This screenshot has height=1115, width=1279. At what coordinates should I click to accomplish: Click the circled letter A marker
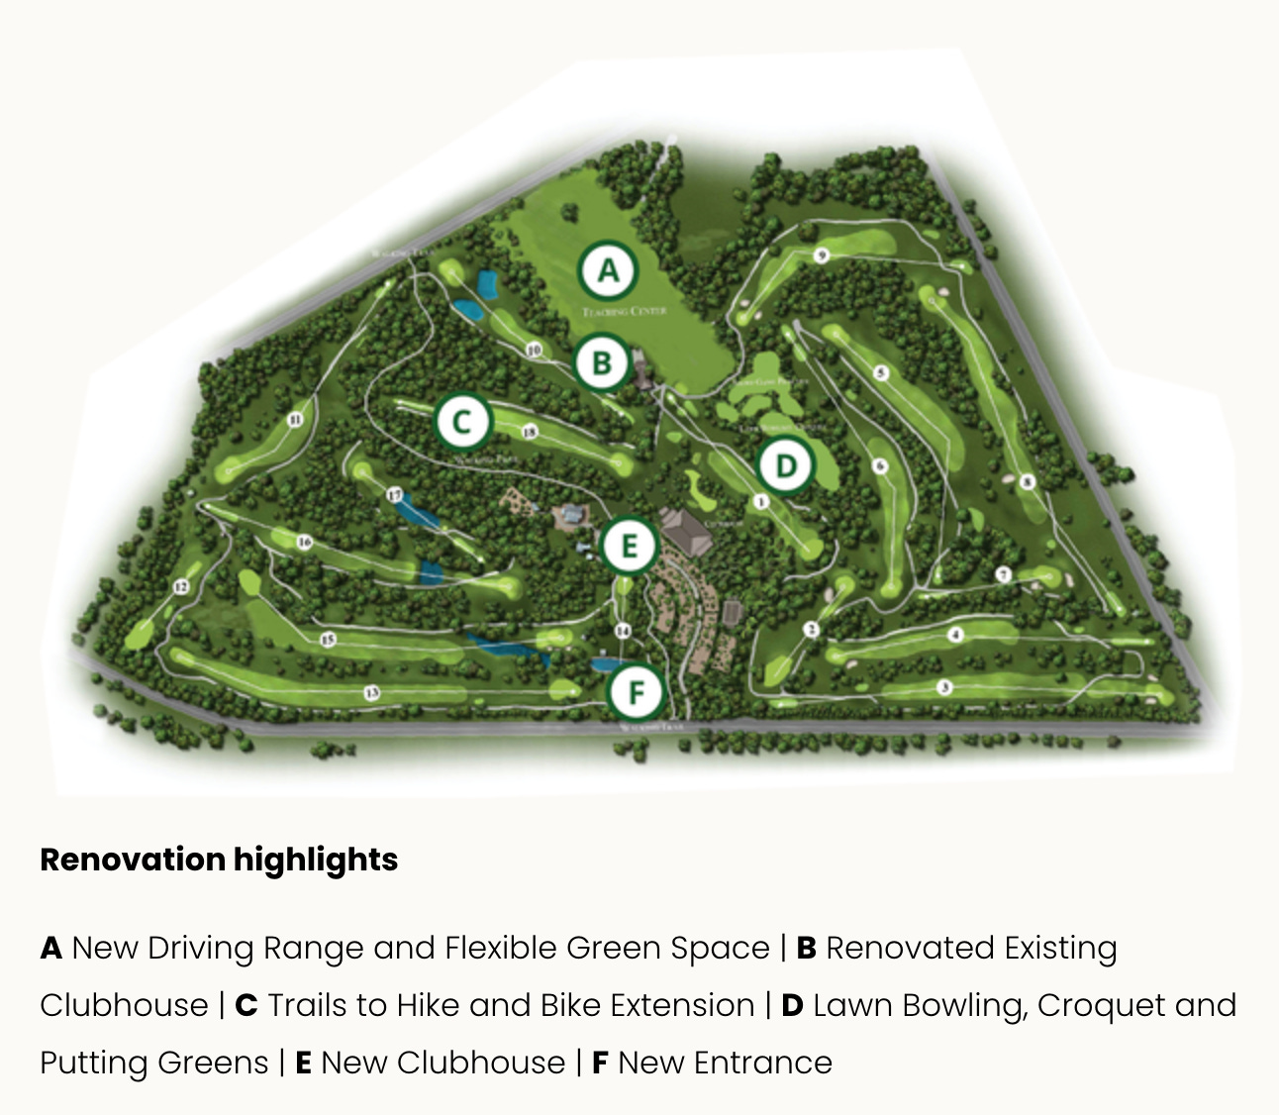[x=608, y=269]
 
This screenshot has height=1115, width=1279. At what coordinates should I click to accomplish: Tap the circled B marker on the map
[x=602, y=362]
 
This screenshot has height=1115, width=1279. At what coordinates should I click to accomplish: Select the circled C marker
[x=462, y=422]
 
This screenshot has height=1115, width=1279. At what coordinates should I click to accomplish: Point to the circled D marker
[x=785, y=465]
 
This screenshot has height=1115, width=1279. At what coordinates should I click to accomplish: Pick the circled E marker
[x=629, y=546]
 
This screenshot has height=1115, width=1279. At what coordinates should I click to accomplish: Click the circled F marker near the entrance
[x=636, y=691]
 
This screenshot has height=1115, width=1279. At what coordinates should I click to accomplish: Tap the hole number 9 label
[x=821, y=256]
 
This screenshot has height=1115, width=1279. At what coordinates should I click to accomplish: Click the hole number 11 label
[x=295, y=420]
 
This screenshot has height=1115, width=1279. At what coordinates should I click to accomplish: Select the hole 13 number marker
[x=371, y=692]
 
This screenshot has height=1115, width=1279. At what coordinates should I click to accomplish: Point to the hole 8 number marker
[x=1028, y=482]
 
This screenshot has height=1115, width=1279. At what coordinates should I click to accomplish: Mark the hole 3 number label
[x=945, y=687]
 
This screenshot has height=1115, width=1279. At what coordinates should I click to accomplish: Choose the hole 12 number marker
[x=181, y=586]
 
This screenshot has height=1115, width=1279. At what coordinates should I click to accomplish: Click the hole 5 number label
[x=881, y=373]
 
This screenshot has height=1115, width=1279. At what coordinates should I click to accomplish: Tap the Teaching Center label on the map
[x=625, y=311]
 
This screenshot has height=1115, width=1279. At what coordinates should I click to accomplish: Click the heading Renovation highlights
[x=219, y=860]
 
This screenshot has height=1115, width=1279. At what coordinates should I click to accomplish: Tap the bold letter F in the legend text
[x=600, y=1063]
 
